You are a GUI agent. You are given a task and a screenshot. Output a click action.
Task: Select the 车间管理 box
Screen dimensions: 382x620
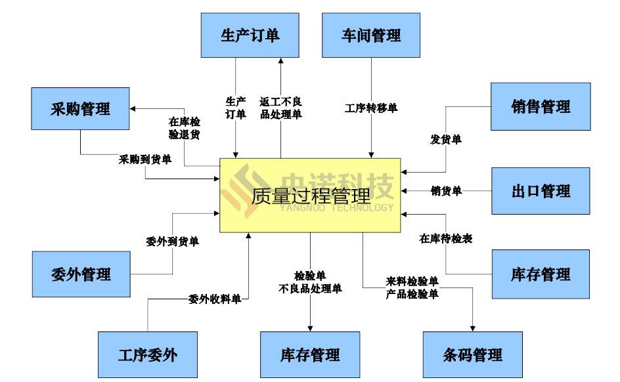click(371, 35)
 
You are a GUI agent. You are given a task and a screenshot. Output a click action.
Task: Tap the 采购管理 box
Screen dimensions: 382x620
click(80, 108)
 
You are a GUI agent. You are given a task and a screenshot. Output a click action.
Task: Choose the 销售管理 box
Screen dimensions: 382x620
click(541, 106)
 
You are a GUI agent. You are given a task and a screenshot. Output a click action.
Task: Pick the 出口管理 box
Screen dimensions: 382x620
click(541, 191)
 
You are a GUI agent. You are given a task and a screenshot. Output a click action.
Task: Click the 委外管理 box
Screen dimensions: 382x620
click(81, 274)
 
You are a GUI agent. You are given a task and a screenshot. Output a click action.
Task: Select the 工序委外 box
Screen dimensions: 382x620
click(147, 355)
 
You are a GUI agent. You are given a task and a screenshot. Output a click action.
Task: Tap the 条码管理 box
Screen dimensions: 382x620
click(472, 355)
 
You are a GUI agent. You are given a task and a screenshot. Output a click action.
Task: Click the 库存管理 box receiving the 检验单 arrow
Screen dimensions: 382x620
click(310, 355)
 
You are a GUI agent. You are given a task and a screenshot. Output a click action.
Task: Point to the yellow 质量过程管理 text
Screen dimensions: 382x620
click(311, 195)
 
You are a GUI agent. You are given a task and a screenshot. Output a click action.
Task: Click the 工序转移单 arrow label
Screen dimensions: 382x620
click(371, 108)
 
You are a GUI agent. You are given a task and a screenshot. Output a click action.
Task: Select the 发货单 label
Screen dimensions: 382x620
click(446, 139)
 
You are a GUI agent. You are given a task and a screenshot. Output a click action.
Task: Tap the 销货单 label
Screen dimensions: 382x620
click(446, 191)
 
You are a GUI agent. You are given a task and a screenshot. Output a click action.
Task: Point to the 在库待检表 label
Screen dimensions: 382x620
click(446, 239)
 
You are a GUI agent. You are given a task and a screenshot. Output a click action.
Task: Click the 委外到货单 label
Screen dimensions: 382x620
click(172, 242)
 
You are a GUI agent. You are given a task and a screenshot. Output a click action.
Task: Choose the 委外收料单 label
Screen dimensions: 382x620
click(214, 299)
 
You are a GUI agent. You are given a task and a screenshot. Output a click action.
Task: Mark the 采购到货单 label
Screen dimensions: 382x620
click(145, 159)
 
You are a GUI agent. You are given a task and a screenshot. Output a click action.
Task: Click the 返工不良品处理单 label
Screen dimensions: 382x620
click(280, 108)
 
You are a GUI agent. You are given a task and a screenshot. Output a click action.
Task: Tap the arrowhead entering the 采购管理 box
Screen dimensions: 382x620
click(132, 108)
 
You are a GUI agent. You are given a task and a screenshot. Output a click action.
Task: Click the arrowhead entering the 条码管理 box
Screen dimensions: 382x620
click(472, 328)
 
